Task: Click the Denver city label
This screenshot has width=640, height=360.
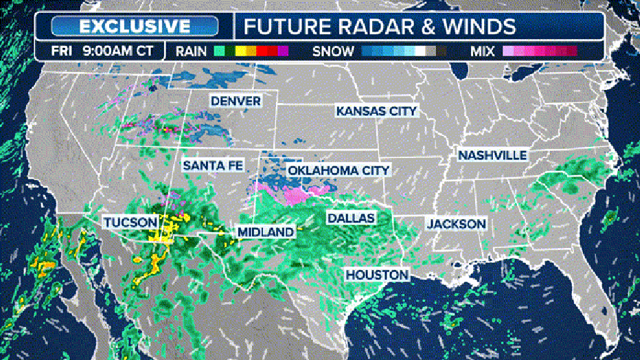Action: pos(236,101)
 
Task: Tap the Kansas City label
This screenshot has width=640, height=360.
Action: pos(376,111)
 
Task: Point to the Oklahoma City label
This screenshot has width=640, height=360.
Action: pos(339,170)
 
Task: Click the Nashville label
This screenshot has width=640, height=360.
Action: pos(492,155)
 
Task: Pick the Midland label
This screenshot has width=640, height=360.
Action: pos(265,232)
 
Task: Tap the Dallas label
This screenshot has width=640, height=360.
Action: pos(350,218)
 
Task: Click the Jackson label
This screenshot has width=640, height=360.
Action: pos(456,224)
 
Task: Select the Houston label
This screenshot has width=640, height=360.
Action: pos(377,275)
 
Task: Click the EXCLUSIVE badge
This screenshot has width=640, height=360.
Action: pos(135,26)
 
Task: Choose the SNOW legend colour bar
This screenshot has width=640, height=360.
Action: pos(404,51)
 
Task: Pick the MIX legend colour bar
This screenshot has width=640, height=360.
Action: pos(540,51)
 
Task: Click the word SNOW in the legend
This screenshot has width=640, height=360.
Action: pos(334,51)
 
